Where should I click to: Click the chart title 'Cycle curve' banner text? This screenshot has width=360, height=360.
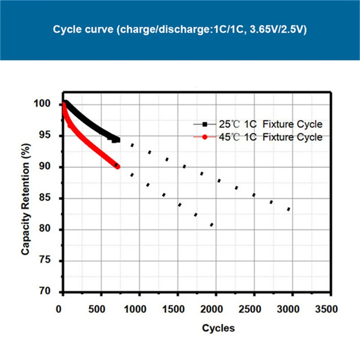click(179, 30)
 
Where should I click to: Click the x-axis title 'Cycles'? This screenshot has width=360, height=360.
click(218, 328)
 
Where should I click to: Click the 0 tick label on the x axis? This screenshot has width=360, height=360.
click(60, 309)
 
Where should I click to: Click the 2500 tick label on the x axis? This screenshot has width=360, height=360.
click(254, 309)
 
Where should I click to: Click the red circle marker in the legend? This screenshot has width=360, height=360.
click(205, 137)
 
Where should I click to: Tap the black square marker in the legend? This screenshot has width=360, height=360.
click(205, 124)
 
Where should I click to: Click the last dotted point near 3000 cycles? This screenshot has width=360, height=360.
click(289, 209)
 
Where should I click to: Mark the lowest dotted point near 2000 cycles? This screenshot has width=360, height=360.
click(212, 225)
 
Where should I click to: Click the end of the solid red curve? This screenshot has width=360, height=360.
click(117, 166)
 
